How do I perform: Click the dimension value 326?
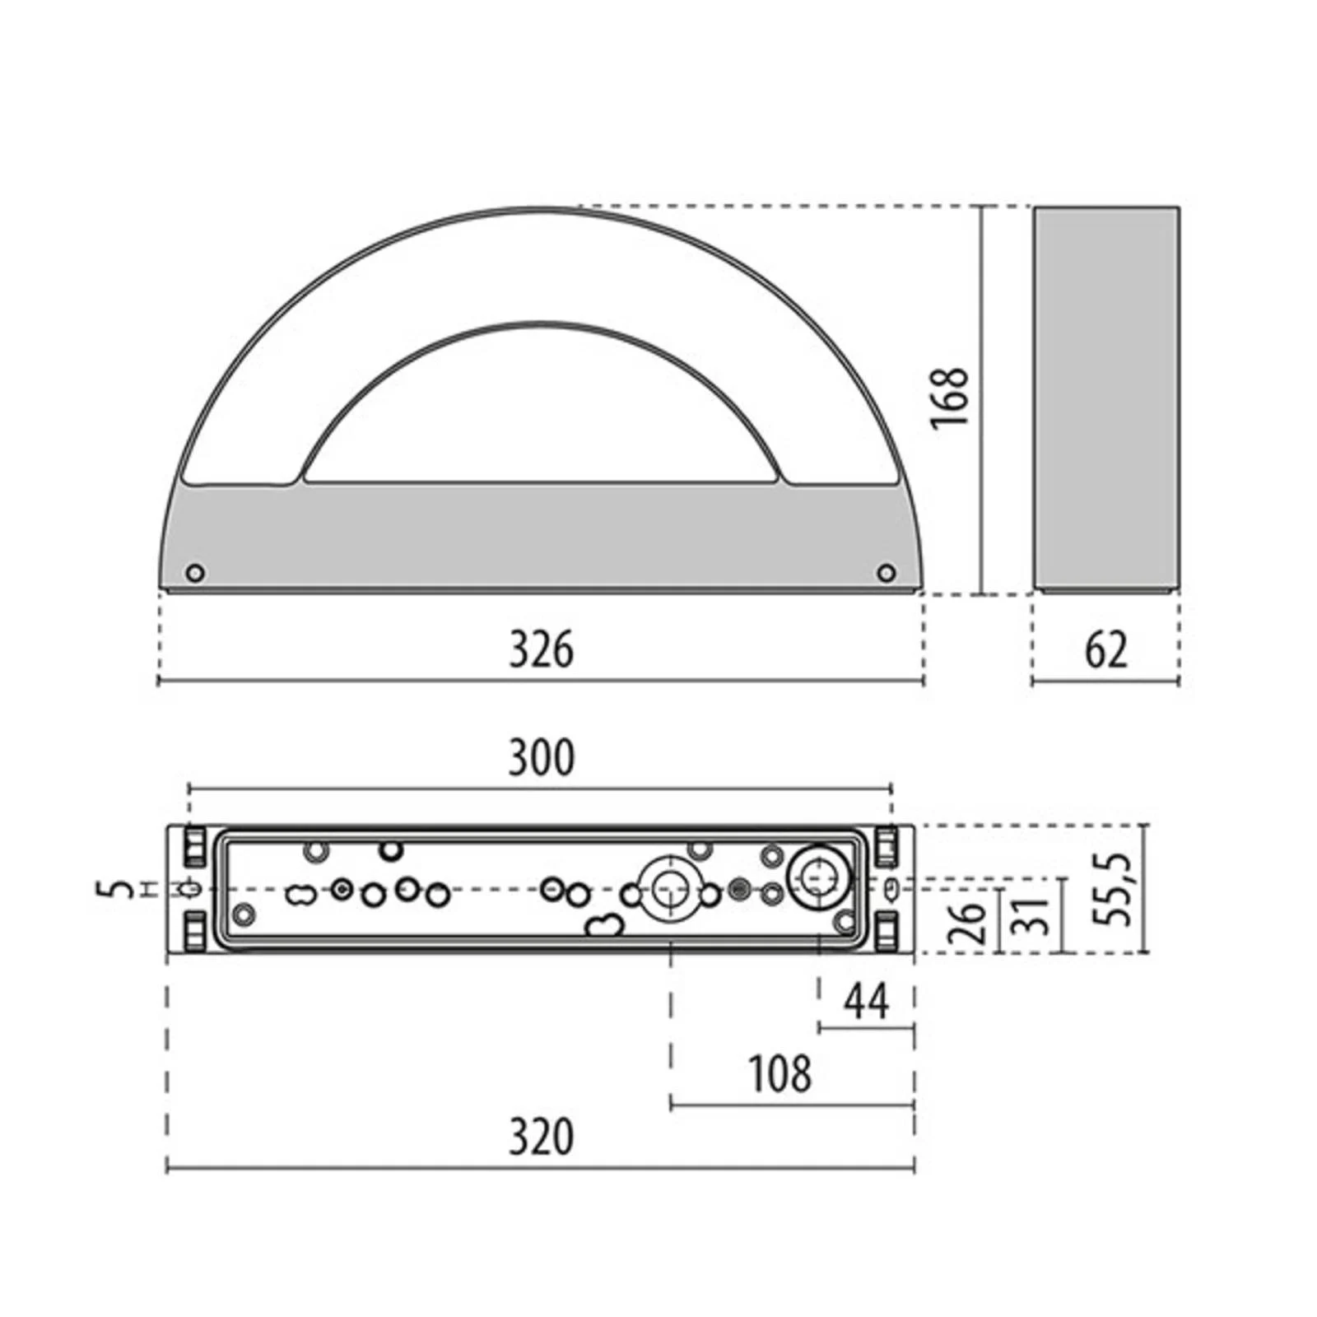coord(541,649)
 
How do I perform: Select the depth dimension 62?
coord(1105,650)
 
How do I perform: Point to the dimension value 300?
coord(541,758)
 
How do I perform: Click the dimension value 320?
coord(541,1138)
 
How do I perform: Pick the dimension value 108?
coord(779,1074)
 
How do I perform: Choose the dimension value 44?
coord(867,1003)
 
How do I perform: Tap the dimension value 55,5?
coord(1118,889)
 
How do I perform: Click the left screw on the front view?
coord(195,573)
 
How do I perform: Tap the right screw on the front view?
coord(886,572)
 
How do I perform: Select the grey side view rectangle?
coord(1106,399)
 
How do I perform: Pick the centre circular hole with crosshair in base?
coord(670,889)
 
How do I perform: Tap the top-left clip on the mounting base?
coord(194,847)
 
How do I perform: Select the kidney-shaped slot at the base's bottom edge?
coord(605,925)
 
